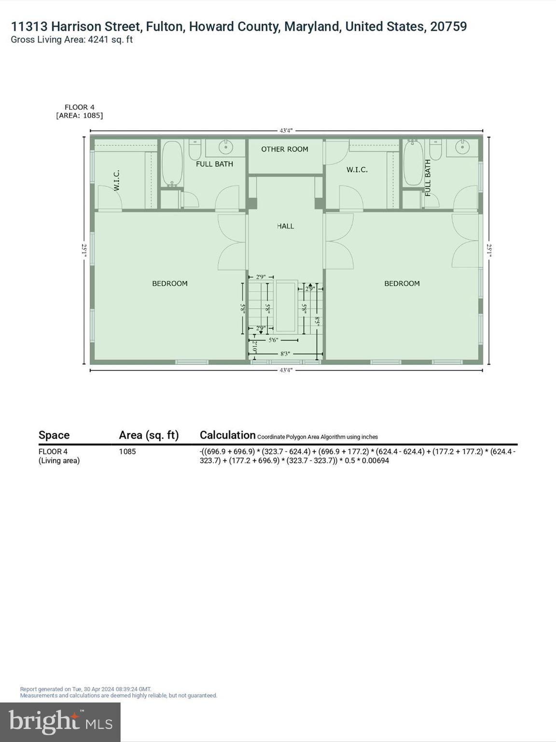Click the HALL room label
click(x=285, y=226)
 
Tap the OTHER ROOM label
click(x=285, y=149)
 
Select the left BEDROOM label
click(x=170, y=284)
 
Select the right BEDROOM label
click(x=402, y=284)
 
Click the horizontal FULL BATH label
click(x=214, y=164)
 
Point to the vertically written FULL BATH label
click(x=428, y=177)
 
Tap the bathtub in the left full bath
click(x=172, y=163)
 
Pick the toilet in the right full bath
click(x=436, y=150)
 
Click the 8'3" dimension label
click(x=285, y=354)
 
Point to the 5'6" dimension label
click(x=273, y=340)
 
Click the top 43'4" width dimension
click(x=286, y=130)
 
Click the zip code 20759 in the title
click(x=448, y=27)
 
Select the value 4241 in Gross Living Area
click(x=97, y=40)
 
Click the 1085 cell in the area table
click(x=127, y=452)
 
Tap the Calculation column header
click(x=227, y=435)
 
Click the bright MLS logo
click(x=60, y=722)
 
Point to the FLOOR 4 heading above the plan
click(x=80, y=107)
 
